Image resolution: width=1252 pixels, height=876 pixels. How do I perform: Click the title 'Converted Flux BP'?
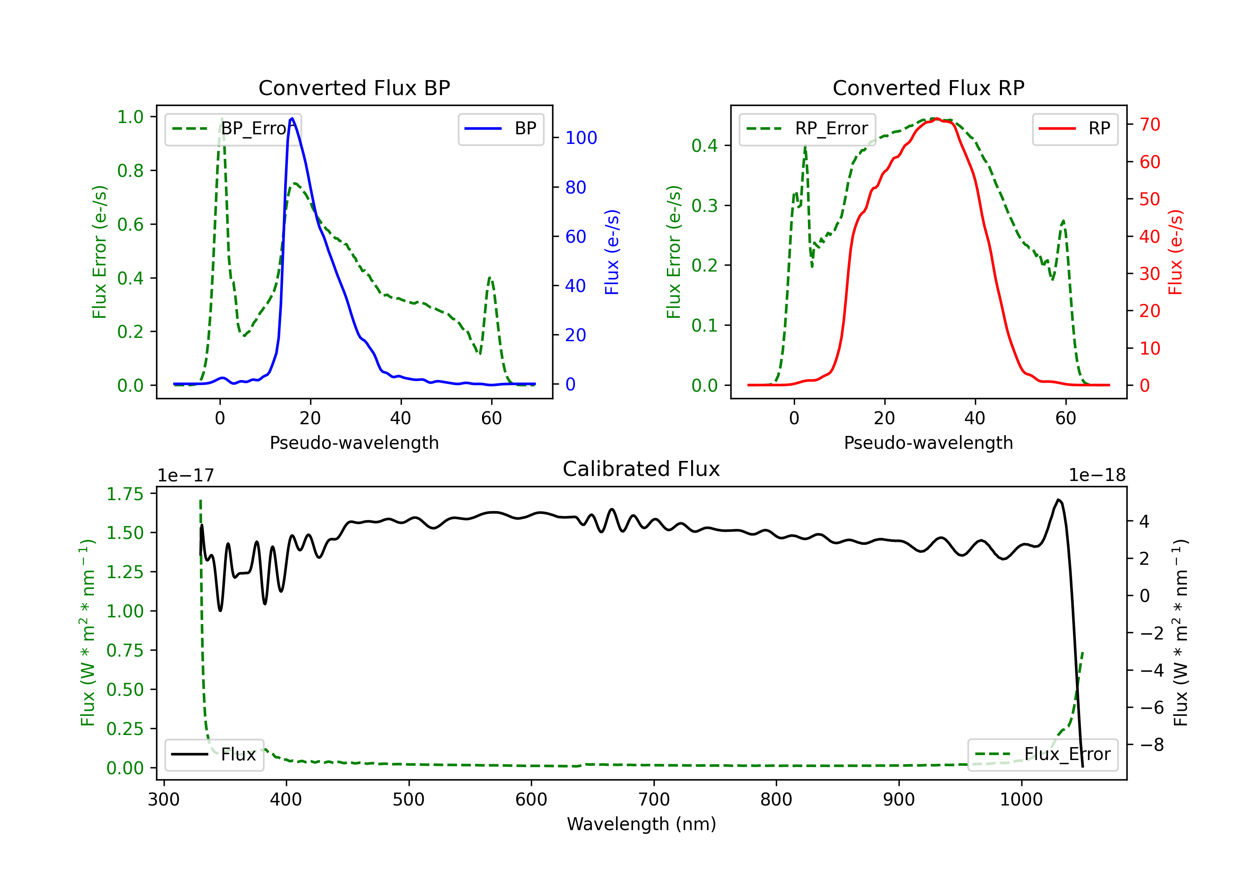tap(354, 88)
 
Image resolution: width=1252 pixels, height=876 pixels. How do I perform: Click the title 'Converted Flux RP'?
tap(928, 88)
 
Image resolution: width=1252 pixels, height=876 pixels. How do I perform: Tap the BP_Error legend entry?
tap(233, 128)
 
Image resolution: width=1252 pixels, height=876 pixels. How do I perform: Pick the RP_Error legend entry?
tap(807, 128)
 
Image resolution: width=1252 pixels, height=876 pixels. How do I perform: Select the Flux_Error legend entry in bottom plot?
tap(1042, 755)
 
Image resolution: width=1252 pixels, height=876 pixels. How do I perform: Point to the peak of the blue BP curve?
tap(292, 118)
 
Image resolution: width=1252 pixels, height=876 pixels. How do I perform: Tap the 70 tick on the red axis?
tap(1149, 125)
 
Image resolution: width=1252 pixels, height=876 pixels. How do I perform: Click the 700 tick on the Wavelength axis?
tap(654, 800)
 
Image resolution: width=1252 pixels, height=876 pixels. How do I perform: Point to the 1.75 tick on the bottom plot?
tap(125, 494)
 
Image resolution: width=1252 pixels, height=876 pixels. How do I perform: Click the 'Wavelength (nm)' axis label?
tap(641, 824)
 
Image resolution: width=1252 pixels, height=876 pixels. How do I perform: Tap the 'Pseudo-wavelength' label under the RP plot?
tap(928, 443)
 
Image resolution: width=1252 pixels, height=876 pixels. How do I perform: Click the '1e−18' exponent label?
tap(1097, 476)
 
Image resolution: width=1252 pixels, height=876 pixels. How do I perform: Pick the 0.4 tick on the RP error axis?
tap(704, 146)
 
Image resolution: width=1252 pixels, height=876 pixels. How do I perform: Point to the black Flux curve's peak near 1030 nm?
tap(1058, 500)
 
